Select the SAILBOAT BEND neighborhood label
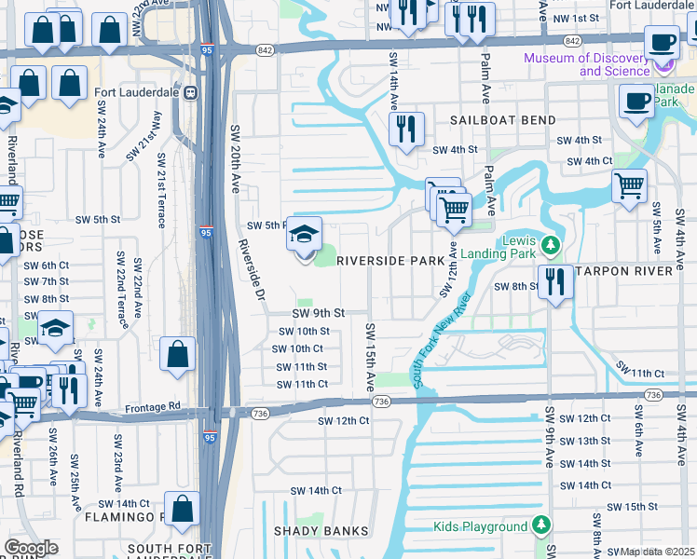503,120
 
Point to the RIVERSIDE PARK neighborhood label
390,261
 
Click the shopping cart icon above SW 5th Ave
630,185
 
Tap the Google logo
31,548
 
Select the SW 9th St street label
319,313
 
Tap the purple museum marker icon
663,64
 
